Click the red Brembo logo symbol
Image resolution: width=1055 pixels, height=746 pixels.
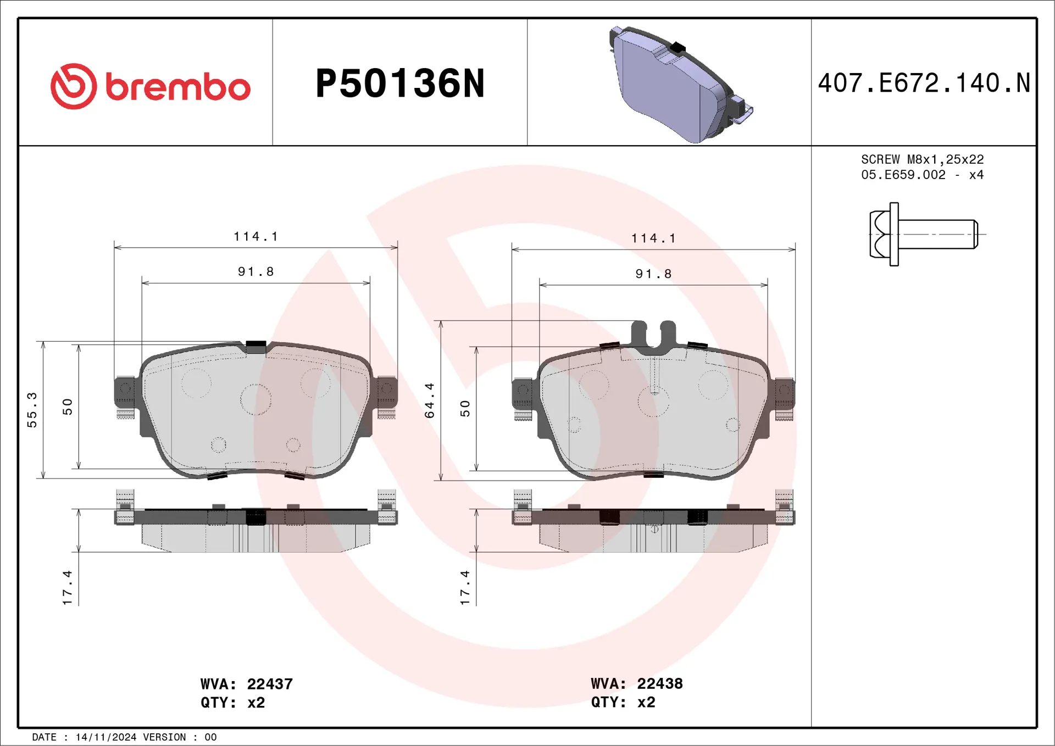click(74, 86)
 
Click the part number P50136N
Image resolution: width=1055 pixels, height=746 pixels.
click(400, 83)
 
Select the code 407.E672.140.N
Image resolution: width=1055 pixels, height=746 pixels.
click(924, 83)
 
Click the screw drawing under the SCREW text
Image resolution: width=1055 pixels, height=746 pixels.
click(923, 234)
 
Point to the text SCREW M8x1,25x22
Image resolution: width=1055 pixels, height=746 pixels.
click(922, 159)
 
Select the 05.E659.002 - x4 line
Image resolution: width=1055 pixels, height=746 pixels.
click(922, 175)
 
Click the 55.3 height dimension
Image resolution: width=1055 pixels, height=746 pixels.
click(32, 410)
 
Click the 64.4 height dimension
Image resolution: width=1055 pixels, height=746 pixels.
click(429, 400)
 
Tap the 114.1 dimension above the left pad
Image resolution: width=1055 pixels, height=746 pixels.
click(256, 236)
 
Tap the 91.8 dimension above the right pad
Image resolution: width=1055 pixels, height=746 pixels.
click(653, 274)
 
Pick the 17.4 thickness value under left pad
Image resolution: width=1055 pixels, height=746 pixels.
click(67, 588)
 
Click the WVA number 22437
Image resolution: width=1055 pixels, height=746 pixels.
click(270, 684)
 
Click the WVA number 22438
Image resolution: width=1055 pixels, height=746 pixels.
click(659, 683)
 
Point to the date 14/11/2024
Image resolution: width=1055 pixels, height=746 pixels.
click(105, 737)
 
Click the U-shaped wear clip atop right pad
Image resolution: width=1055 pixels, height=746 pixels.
click(653, 335)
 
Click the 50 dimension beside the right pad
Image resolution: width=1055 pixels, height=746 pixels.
click(465, 408)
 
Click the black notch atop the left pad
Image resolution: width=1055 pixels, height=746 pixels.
click(256, 347)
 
